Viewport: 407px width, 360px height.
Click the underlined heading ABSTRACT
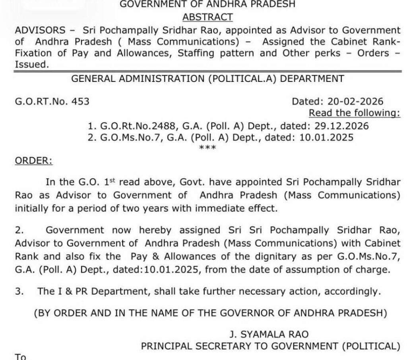[x=207, y=17]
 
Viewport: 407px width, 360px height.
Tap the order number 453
[x=80, y=101]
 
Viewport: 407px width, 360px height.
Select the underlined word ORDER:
[x=33, y=161]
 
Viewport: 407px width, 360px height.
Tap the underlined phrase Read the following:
[x=355, y=113]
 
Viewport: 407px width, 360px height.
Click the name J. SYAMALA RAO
[x=268, y=334]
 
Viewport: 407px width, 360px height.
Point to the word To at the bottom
[x=20, y=356]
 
